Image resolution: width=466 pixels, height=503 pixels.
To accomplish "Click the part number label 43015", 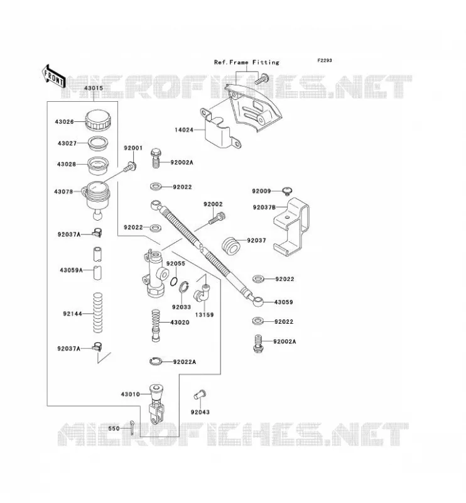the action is [x=94, y=88].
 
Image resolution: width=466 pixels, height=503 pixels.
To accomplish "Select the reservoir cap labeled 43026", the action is [x=98, y=120].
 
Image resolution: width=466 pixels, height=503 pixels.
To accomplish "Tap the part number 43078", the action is [x=63, y=192].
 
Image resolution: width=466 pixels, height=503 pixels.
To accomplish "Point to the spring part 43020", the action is [x=156, y=325].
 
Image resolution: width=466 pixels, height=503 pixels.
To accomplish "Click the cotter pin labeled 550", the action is [x=132, y=428].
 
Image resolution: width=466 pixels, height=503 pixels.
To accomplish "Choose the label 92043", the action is [x=200, y=412].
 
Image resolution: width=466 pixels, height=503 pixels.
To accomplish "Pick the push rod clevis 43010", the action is [x=156, y=404].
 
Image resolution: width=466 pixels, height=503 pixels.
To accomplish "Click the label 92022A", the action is [x=185, y=362].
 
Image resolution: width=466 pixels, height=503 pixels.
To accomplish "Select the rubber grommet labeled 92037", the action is [x=230, y=246].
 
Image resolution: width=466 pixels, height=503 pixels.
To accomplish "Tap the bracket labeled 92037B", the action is [x=291, y=226].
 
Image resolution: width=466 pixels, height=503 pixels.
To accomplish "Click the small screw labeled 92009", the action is [x=287, y=191].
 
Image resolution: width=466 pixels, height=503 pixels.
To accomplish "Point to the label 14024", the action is [x=184, y=130].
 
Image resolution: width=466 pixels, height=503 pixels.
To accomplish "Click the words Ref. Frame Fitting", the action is [x=246, y=62].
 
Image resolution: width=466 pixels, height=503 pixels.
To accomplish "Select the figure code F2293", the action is [x=325, y=60].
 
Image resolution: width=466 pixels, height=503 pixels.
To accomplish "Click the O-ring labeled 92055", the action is [x=174, y=281].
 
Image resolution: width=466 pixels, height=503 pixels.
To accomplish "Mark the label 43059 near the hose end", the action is [x=283, y=302].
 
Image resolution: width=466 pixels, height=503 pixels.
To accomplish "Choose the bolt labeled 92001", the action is [x=131, y=167].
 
